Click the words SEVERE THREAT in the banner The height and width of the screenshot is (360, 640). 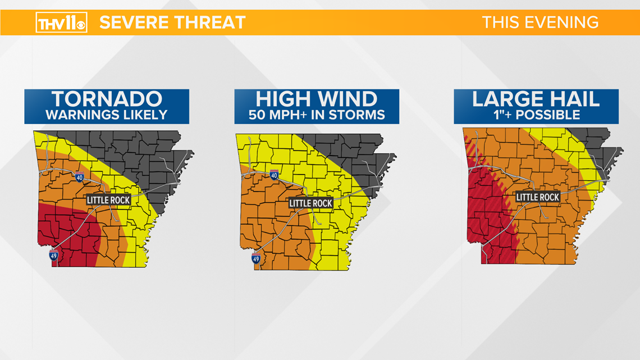(x=173, y=22)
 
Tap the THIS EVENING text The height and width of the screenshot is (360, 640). (x=540, y=22)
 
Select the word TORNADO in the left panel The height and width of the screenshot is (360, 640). (x=107, y=99)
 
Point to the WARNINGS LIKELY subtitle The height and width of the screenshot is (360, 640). (x=107, y=115)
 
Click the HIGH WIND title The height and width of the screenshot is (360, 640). (x=317, y=99)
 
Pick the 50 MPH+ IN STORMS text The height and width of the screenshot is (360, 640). (x=317, y=115)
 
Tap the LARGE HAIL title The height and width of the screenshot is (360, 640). (x=536, y=99)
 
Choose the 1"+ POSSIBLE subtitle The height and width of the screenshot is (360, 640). (x=536, y=115)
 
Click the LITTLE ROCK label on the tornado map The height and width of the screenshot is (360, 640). (x=108, y=200)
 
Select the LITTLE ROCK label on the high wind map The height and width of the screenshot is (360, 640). (x=310, y=203)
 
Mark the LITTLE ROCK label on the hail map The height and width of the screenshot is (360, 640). (x=537, y=197)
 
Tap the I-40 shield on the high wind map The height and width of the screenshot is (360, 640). (x=275, y=175)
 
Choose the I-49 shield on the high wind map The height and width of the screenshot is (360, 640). (x=255, y=259)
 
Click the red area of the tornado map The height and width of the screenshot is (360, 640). (x=67, y=230)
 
